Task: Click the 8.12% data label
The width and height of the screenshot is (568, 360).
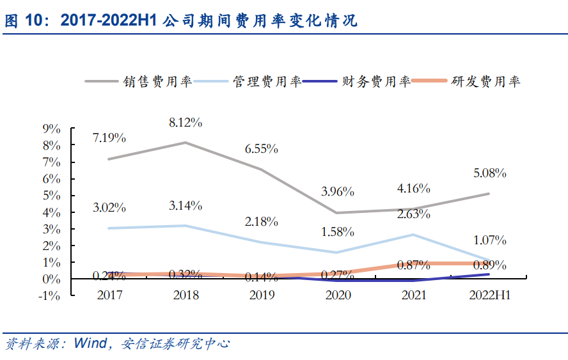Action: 185,121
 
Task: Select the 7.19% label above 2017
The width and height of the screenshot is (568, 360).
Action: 109,137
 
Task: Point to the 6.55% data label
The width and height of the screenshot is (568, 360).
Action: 261,148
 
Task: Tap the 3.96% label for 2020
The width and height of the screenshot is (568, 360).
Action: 337,191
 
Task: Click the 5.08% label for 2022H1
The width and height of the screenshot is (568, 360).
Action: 489,173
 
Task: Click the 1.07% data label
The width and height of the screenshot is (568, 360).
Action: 489,240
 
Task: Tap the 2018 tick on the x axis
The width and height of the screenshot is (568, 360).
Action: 185,295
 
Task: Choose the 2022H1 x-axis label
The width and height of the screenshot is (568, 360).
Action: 489,295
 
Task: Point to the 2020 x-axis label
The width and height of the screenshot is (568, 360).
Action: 337,295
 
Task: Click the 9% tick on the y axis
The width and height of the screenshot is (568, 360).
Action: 51,129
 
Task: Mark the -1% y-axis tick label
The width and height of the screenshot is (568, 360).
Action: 49,296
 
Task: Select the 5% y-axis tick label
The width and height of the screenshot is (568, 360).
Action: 51,196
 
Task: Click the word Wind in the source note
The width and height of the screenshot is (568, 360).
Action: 90,343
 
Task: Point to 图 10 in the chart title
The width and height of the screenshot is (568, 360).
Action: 22,21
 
